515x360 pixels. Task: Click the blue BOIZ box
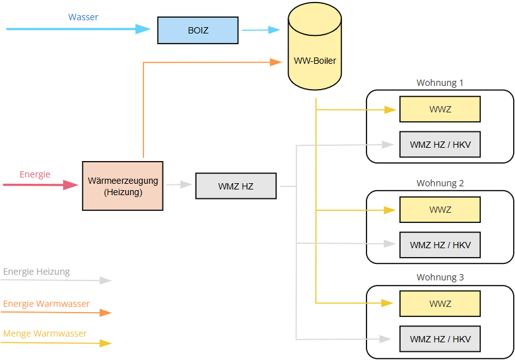(198, 30)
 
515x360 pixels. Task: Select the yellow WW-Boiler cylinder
(315, 46)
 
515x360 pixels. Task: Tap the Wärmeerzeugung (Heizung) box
(123, 186)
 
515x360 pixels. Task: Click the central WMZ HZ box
(236, 186)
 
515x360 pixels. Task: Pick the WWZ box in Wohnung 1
(440, 109)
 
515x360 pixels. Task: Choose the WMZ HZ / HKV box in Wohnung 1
(440, 145)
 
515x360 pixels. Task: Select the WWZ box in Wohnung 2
(440, 210)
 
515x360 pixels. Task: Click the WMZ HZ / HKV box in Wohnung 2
(440, 245)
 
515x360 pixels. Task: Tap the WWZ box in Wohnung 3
(440, 304)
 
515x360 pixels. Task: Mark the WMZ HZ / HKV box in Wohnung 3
(440, 339)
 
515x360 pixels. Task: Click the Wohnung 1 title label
(440, 83)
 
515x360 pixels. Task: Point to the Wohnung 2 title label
(440, 183)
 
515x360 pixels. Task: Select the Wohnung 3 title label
(440, 277)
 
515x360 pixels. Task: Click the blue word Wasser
(83, 17)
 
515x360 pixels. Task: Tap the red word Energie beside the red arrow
(35, 174)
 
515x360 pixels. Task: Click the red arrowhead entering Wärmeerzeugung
(71, 185)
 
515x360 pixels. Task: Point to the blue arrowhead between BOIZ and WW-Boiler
(274, 30)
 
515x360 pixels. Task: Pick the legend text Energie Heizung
(37, 272)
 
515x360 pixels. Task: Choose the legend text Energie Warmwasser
(46, 304)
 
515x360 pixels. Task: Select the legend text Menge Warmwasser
(45, 333)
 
